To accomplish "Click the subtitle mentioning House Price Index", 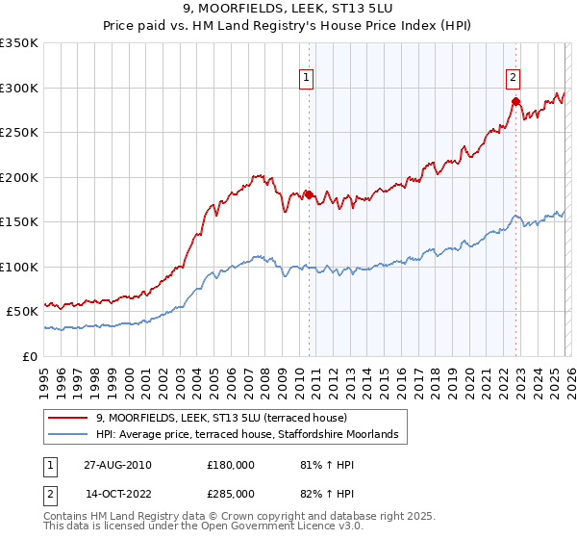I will [288, 27].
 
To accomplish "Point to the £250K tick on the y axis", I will [19, 133].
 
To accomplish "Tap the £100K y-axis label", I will [19, 267].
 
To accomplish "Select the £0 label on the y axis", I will [31, 356].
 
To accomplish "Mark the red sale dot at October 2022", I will [515, 101].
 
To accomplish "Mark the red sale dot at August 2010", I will [309, 195].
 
